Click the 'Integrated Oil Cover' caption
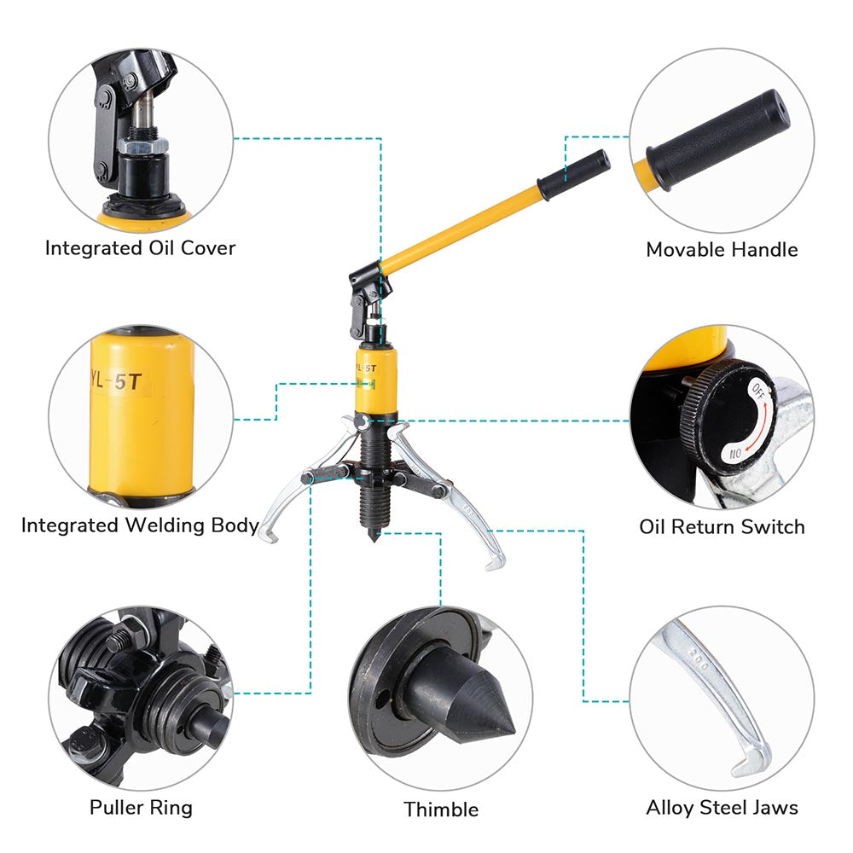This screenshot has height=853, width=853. point(140,248)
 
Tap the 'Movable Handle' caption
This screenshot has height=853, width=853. point(722,250)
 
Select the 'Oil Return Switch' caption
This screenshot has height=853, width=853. point(722,526)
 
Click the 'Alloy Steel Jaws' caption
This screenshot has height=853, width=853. point(722,807)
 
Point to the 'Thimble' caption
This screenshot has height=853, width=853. point(441,809)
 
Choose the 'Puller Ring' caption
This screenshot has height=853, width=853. point(141,807)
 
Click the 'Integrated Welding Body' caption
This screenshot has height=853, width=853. point(140,525)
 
